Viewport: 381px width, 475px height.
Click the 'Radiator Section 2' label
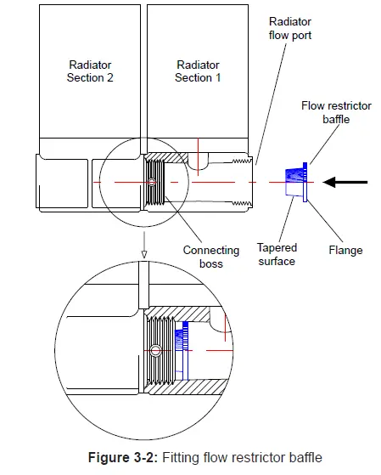[x=91, y=71]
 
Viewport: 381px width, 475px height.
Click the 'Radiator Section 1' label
[x=199, y=71]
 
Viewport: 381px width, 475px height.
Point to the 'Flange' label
[x=345, y=250]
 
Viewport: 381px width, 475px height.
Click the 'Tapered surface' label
[x=277, y=255]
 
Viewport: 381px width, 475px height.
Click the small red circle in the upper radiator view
[x=151, y=183]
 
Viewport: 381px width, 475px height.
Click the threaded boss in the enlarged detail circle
[x=161, y=350]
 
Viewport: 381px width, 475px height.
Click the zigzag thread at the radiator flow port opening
[x=244, y=182]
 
